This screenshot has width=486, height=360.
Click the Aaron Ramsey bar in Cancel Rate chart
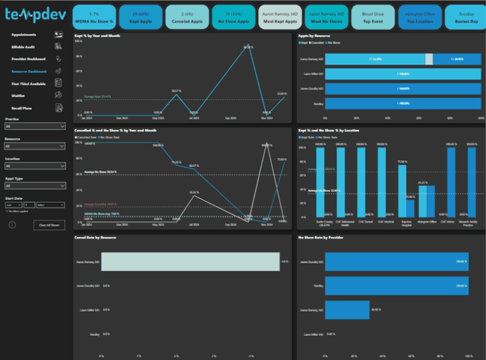190,261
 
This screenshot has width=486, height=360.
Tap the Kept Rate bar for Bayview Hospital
405,190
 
